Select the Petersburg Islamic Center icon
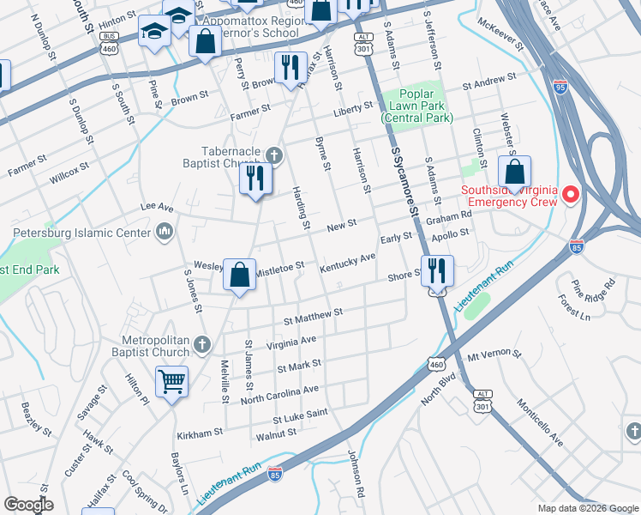[165, 231]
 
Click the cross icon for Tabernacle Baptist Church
[273, 155]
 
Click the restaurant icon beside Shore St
[437, 271]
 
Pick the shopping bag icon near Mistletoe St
[241, 275]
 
